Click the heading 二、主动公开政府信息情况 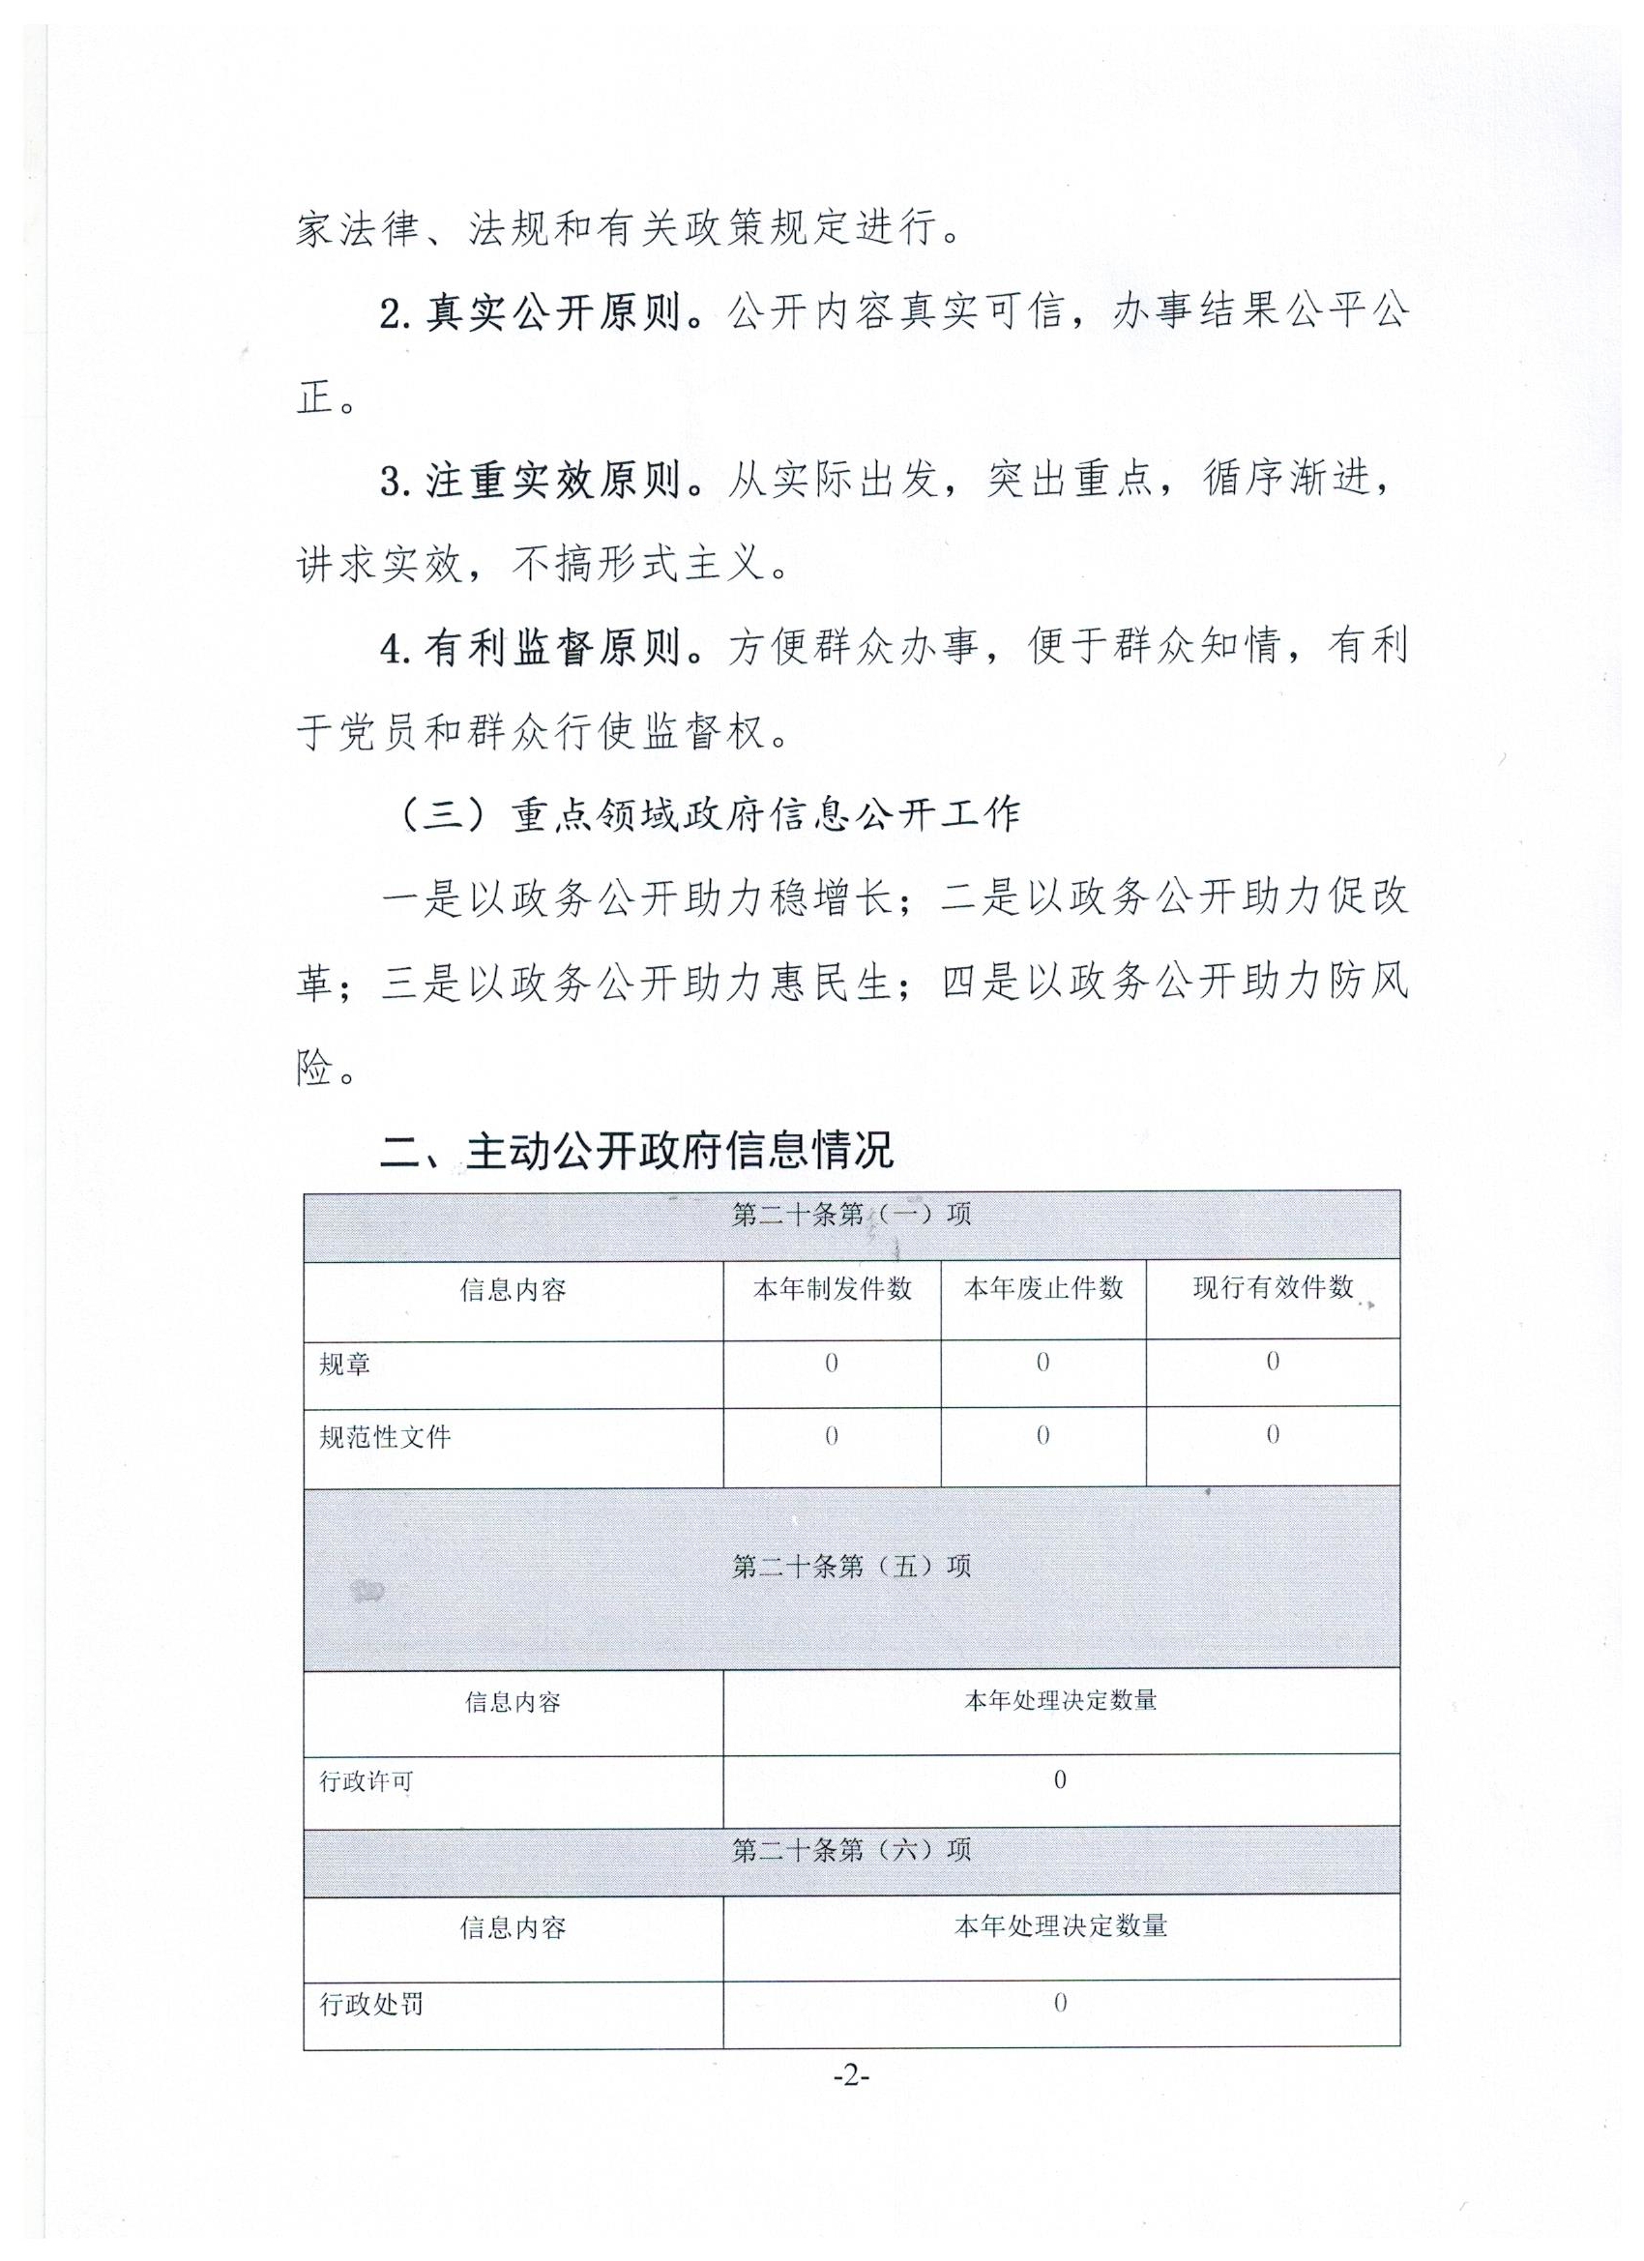[636, 1151]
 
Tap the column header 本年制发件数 [832, 1289]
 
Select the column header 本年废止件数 [1042, 1288]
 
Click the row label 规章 [345, 1364]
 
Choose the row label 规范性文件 [385, 1436]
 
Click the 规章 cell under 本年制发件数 [832, 1363]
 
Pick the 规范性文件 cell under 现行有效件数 [1273, 1435]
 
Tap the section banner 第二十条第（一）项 [851, 1215]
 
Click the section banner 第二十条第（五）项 [851, 1566]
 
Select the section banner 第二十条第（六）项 [851, 1850]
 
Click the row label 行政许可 [366, 1781]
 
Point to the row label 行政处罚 [371, 2004]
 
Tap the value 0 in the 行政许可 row [1060, 1779]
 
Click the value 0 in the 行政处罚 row [1060, 2002]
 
